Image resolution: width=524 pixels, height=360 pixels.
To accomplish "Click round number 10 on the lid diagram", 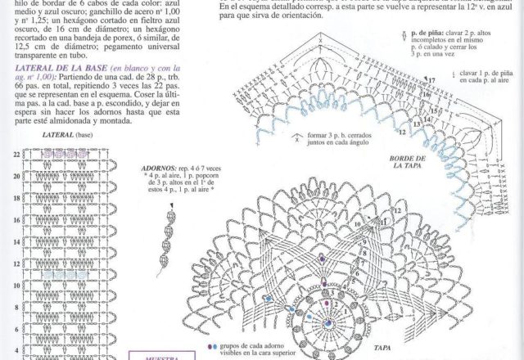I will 358,222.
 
